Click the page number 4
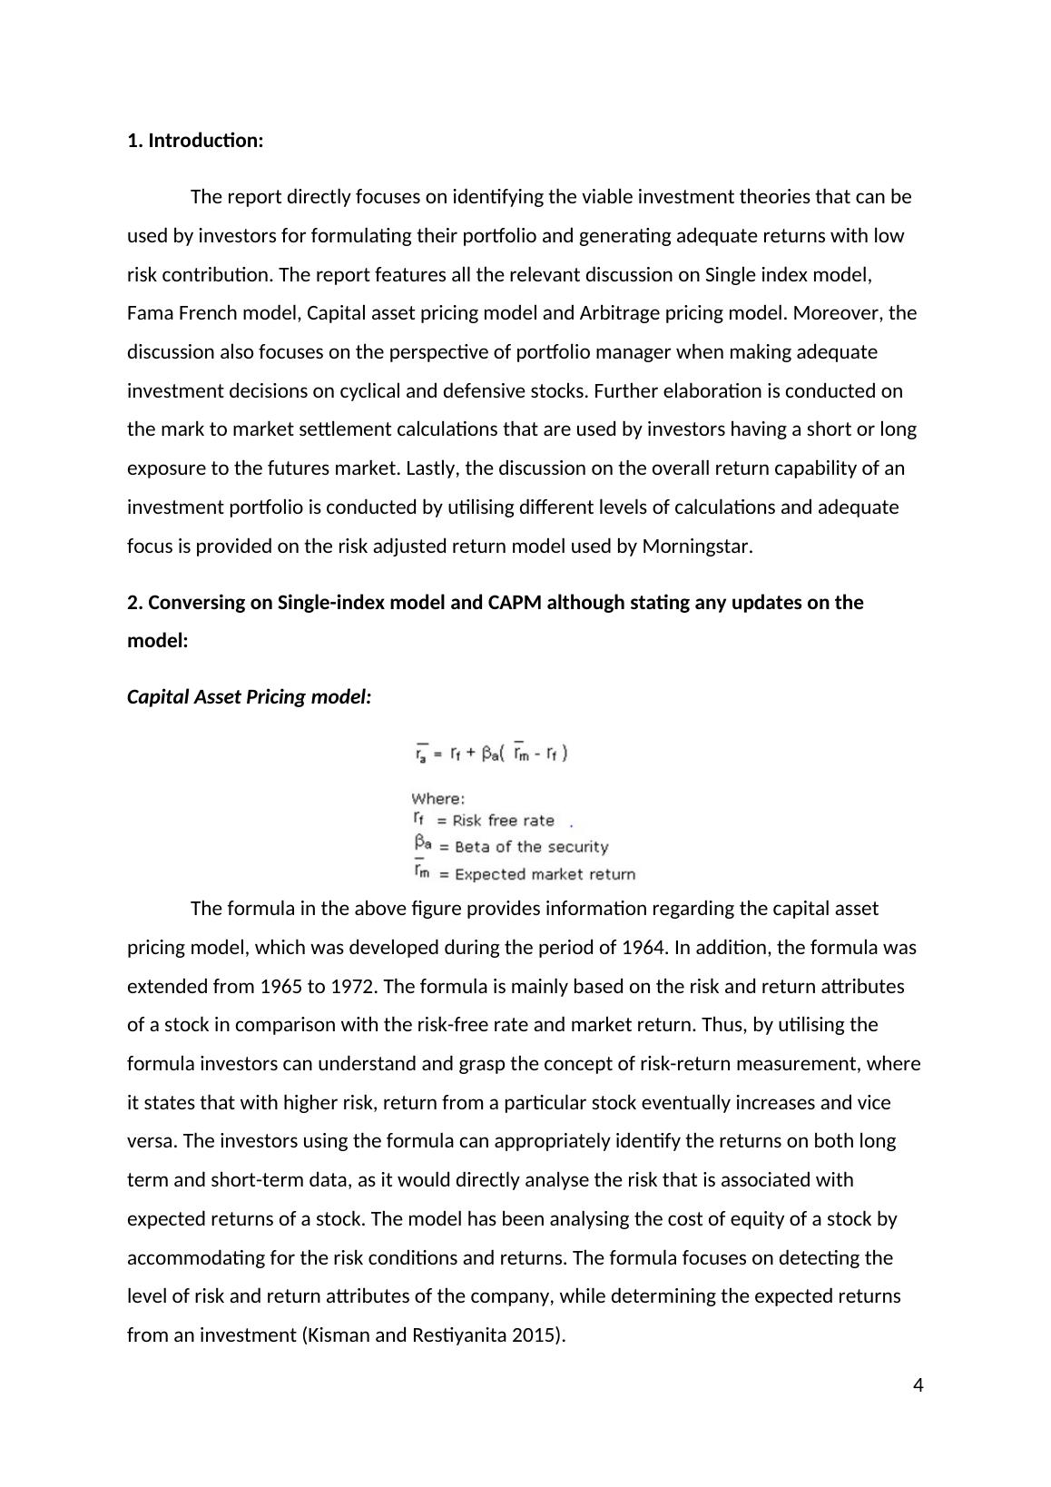tap(918, 1385)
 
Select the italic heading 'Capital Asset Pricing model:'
tap(249, 697)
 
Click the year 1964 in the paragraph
tap(644, 948)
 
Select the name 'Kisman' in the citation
tap(338, 1336)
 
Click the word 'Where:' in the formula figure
tap(437, 799)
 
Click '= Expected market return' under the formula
tap(536, 874)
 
